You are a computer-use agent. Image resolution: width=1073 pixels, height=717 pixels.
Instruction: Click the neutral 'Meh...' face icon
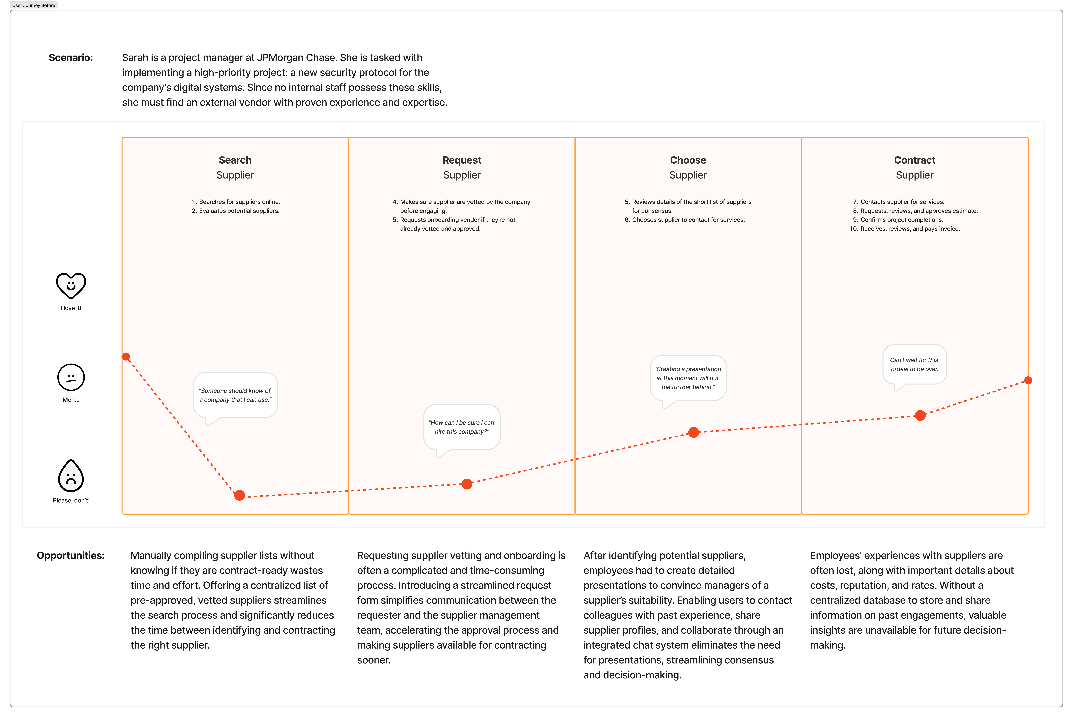point(71,377)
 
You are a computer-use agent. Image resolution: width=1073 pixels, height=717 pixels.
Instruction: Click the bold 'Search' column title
point(235,160)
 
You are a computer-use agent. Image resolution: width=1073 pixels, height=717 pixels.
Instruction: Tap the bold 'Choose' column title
point(688,160)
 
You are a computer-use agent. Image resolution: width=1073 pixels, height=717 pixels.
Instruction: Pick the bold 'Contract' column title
point(914,160)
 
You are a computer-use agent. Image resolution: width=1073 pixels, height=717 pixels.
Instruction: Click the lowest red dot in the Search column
point(240,495)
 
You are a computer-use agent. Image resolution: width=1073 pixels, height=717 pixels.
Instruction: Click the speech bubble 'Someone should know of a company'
point(235,395)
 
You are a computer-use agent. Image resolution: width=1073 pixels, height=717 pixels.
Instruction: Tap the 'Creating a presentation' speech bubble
point(688,378)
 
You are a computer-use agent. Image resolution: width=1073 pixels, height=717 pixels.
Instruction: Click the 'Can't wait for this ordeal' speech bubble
point(914,364)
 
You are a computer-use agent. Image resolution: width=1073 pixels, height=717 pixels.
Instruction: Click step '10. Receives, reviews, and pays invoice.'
point(910,229)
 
